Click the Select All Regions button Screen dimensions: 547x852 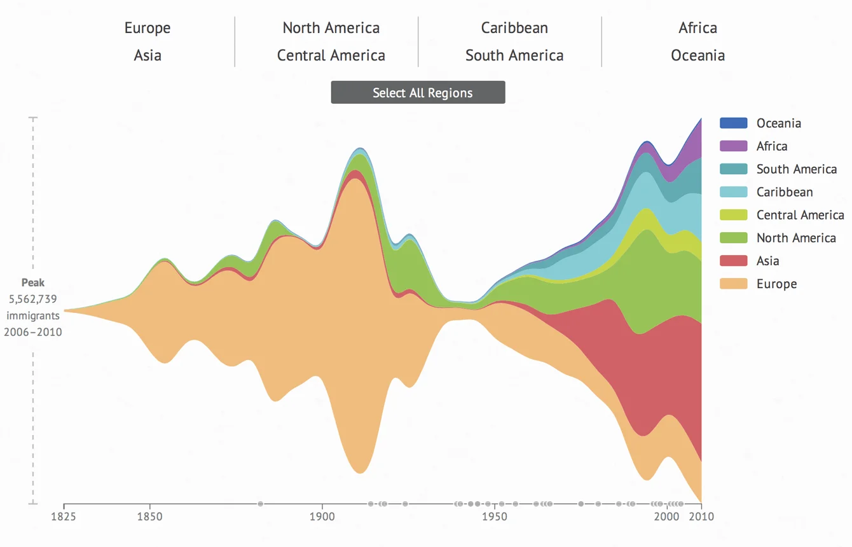pyautogui.click(x=418, y=92)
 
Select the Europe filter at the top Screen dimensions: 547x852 pyautogui.click(x=148, y=28)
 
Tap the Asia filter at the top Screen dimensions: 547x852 pyautogui.click(x=148, y=55)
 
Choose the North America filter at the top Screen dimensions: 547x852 pyautogui.click(x=331, y=28)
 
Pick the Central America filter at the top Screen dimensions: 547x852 pyautogui.click(x=331, y=55)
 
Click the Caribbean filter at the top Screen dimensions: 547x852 pyautogui.click(x=514, y=28)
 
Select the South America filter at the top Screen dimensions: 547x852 pyautogui.click(x=514, y=55)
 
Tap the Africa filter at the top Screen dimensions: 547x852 pyautogui.click(x=697, y=28)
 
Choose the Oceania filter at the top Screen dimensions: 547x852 pyautogui.click(x=697, y=55)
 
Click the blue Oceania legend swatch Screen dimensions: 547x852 pyautogui.click(x=733, y=123)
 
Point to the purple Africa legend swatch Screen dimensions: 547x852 pyautogui.click(x=733, y=146)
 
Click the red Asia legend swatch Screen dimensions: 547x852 pyautogui.click(x=733, y=260)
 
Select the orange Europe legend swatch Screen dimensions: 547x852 pyautogui.click(x=733, y=283)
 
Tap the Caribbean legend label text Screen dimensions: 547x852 pyautogui.click(x=784, y=191)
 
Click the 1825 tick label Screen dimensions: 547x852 pyautogui.click(x=64, y=516)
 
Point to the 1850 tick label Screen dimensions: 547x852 pyautogui.click(x=149, y=516)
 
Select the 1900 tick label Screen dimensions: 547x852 pyautogui.click(x=322, y=516)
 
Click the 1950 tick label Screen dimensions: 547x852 pyautogui.click(x=494, y=516)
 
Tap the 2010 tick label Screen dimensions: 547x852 pyautogui.click(x=701, y=516)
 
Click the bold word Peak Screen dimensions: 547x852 pyautogui.click(x=33, y=282)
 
